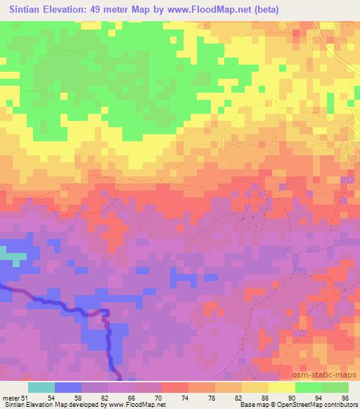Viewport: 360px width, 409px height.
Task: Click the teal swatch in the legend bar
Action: pyautogui.click(x=42, y=387)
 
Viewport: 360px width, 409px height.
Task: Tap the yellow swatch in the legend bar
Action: pyautogui.click(x=282, y=387)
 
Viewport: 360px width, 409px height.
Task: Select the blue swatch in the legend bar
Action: pyautogui.click(x=69, y=387)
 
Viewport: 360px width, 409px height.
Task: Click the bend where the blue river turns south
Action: pyautogui.click(x=105, y=312)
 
